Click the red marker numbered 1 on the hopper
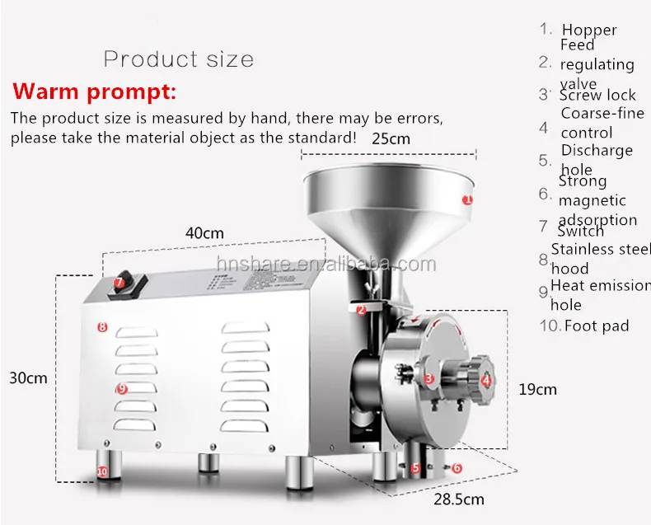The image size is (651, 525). coord(467,199)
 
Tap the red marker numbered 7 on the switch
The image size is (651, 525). coord(119,283)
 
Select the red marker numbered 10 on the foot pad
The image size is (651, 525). coord(102,471)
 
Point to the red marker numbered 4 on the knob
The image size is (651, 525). coord(486,380)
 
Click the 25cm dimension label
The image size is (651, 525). coord(391,138)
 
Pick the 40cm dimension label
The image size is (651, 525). coord(204,233)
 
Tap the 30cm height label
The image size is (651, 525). coord(28,378)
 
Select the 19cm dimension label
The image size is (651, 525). coord(537,389)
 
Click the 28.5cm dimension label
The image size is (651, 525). coord(460,499)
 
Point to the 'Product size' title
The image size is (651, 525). coord(179,59)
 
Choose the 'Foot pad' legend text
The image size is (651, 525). coord(596,326)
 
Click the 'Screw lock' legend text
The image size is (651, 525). coord(597,95)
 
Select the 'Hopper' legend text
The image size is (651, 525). coord(589,30)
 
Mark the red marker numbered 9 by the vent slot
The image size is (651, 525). coord(121,388)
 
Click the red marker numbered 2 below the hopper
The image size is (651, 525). coord(361,310)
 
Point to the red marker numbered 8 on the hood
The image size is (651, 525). coord(102,327)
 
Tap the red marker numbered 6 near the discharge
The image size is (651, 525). coord(457,468)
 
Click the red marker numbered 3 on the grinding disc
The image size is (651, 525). coord(429,379)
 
